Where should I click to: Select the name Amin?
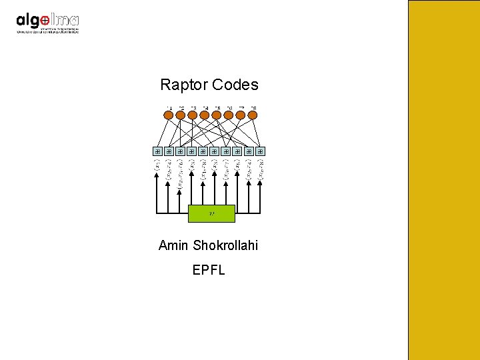pos(174,246)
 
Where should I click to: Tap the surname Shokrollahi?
pos(225,246)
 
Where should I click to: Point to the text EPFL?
pos(209,271)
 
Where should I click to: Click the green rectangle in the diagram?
pos(211,213)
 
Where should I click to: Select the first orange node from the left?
pos(169,115)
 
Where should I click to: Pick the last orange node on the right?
pos(253,115)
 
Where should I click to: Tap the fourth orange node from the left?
pos(205,115)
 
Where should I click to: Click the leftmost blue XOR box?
pos(158,151)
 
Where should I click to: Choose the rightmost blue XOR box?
pos(261,151)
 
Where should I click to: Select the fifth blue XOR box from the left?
pos(203,151)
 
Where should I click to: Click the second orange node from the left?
pos(181,115)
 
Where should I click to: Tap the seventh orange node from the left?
pos(241,115)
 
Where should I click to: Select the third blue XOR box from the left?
pos(181,151)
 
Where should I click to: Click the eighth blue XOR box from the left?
pos(238,151)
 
